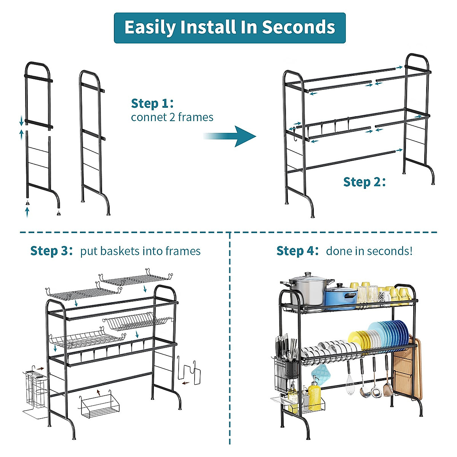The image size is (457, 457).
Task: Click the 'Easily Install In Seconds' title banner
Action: point(230,28)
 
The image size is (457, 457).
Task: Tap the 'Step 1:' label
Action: point(152,103)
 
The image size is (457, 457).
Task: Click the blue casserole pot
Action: point(341,297)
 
